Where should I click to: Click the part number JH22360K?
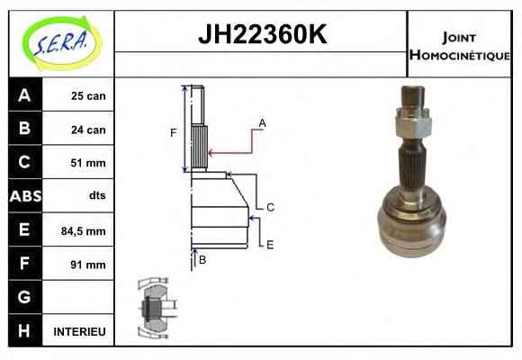262,34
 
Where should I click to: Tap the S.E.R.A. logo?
62,43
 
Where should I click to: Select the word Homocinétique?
460,55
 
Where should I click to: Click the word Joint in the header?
459,37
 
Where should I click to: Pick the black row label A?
25,94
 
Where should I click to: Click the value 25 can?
88,96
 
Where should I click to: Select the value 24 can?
88,130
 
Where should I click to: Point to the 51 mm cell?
88,163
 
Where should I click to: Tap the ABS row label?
25,196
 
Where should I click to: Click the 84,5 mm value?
83,230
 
